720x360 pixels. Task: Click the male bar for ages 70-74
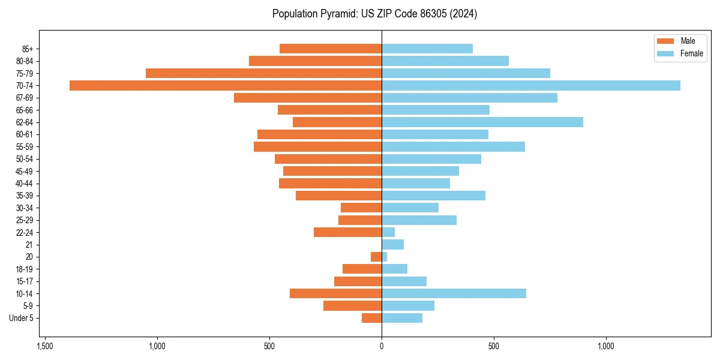click(x=226, y=85)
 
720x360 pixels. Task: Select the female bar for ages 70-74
click(x=531, y=85)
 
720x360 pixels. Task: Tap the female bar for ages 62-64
click(x=482, y=122)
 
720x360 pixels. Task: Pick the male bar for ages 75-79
click(x=264, y=73)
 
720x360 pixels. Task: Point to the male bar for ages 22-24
click(x=348, y=232)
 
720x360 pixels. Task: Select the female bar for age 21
click(x=393, y=244)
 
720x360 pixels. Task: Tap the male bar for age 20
click(x=376, y=257)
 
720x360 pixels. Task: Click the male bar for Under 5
click(x=372, y=318)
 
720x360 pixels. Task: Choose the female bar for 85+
click(x=427, y=49)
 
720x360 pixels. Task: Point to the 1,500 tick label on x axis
click(x=44, y=347)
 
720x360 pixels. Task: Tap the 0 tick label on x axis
click(x=382, y=347)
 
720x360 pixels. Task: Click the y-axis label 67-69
click(x=25, y=98)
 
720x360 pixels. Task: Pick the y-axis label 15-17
click(x=25, y=281)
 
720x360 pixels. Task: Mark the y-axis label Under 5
click(x=22, y=318)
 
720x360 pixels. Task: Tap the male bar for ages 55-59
click(x=318, y=146)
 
